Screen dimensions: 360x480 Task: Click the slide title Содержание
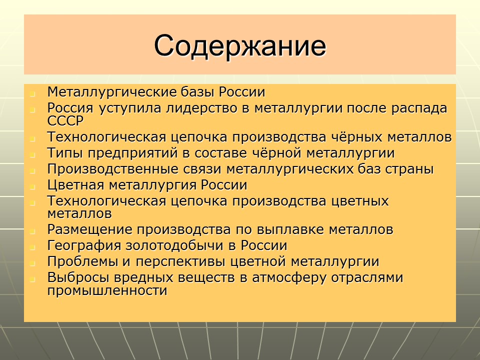(x=240, y=45)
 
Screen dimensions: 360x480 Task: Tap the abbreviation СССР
(x=65, y=120)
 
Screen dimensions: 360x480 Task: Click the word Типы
(x=63, y=153)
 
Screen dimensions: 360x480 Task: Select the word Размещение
(x=89, y=230)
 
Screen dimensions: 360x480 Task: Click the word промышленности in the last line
(x=107, y=290)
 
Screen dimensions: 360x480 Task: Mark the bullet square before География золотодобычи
(x=33, y=247)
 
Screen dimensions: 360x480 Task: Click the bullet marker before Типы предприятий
(x=33, y=154)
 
